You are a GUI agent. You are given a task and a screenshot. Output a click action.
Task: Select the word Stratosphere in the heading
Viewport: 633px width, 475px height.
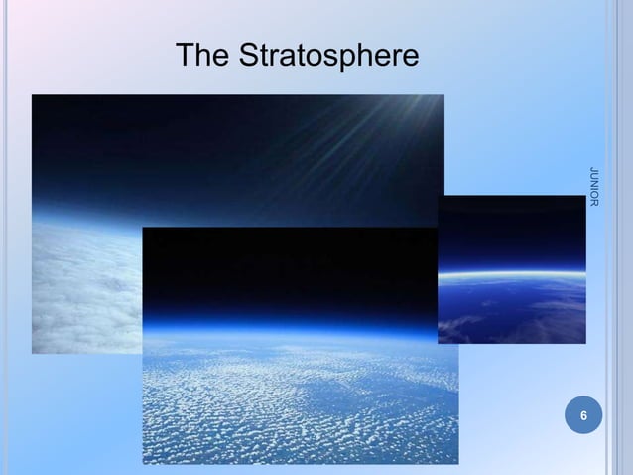point(328,57)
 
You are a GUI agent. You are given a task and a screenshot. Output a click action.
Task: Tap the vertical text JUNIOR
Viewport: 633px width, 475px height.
point(593,189)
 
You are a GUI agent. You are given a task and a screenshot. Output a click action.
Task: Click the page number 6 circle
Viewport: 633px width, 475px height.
point(583,414)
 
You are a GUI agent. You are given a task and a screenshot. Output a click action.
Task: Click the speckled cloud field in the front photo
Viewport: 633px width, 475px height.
point(298,407)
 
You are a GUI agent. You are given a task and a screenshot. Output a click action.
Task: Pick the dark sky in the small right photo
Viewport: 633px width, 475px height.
point(511,229)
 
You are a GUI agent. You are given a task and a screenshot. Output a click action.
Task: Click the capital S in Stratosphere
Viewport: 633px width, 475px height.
point(249,56)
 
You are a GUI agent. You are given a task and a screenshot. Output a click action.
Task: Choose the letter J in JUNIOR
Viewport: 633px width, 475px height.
point(593,171)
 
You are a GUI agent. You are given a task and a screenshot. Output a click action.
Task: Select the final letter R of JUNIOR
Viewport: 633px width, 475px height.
point(593,205)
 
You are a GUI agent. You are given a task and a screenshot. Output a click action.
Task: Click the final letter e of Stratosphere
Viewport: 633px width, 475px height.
point(411,59)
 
